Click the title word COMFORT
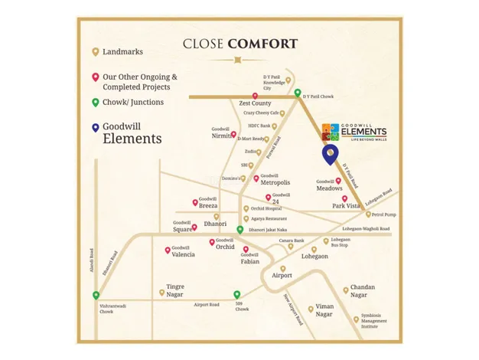click(262, 43)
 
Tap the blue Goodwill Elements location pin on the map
click(331, 154)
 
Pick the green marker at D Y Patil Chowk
click(298, 94)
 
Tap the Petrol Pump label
click(381, 215)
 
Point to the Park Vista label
click(346, 205)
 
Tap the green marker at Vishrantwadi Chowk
click(96, 296)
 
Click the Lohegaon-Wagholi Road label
click(366, 229)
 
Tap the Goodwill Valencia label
click(183, 252)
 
